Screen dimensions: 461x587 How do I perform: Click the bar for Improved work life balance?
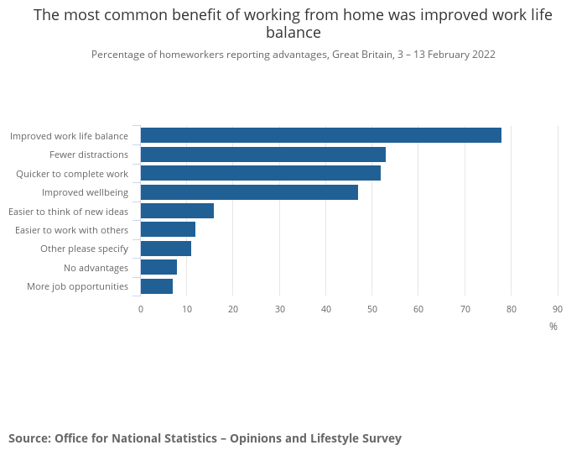coord(320,135)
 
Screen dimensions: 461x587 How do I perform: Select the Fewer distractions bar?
coord(262,155)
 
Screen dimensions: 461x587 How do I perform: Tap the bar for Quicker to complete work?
coord(260,173)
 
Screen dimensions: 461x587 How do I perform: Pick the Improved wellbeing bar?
coord(249,192)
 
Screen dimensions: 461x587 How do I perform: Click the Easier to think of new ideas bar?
coord(177,211)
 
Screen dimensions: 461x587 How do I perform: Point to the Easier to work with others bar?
coord(168,229)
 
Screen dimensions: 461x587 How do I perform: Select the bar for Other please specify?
coord(165,249)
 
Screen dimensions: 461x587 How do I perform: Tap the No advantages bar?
coord(158,267)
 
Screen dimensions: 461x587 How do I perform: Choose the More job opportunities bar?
coord(157,286)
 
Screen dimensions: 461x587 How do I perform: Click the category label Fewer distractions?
coord(89,155)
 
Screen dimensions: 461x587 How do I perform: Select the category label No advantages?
coord(96,268)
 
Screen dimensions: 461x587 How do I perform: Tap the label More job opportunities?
coord(77,286)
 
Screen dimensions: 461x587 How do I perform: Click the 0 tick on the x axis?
coord(141,309)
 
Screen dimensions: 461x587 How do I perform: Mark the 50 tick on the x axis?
coord(372,309)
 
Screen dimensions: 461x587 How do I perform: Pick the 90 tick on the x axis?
coord(558,309)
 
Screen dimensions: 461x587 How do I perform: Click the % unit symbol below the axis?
coord(553,327)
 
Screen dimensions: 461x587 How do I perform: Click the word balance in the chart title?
coord(293,33)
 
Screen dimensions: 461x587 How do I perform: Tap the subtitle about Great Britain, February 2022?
coord(293,55)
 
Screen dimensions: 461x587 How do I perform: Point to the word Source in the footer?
coord(29,438)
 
